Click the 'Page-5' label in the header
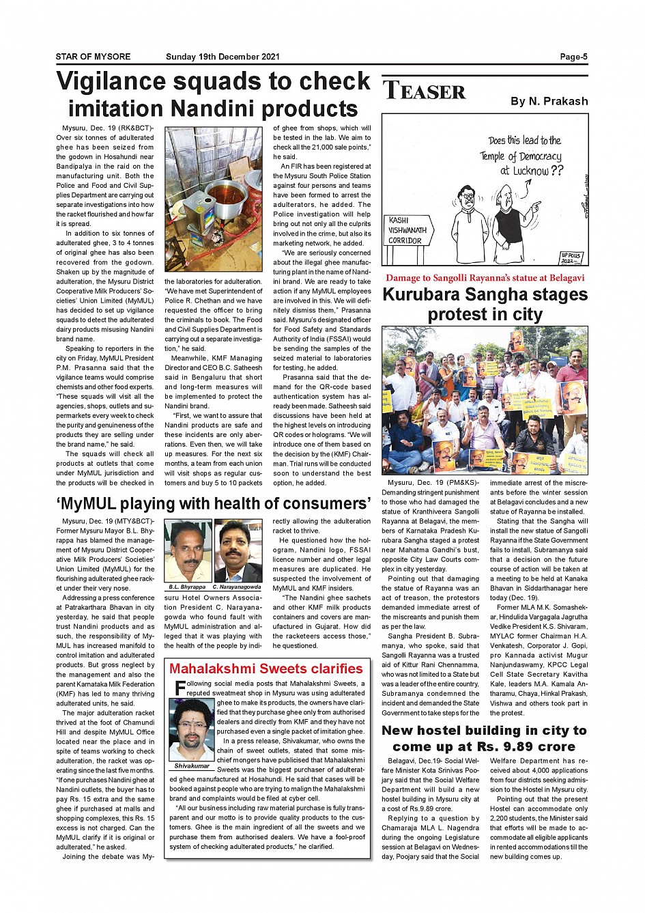(x=573, y=57)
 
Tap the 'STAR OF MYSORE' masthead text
(x=93, y=57)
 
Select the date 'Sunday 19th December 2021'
(x=223, y=57)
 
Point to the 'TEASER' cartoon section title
(x=425, y=91)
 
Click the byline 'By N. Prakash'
(x=549, y=101)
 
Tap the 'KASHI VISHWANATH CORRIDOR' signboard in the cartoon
(x=407, y=231)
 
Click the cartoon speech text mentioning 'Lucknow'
(x=524, y=156)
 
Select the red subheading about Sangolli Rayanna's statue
(x=485, y=278)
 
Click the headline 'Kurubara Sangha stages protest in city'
(x=485, y=305)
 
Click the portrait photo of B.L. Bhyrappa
(x=188, y=550)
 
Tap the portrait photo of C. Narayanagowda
(x=238, y=550)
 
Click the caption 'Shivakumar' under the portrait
(x=192, y=766)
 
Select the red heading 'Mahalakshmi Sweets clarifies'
(x=266, y=669)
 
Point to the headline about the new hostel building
(x=485, y=738)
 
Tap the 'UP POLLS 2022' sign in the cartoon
(x=570, y=258)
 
